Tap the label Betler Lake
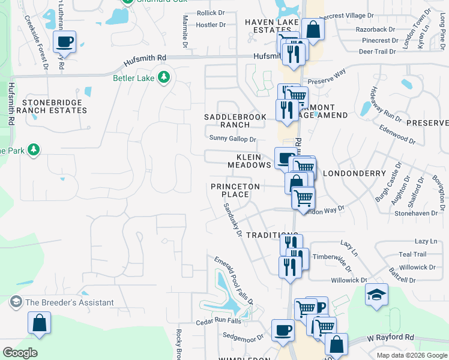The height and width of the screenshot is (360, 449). point(134,77)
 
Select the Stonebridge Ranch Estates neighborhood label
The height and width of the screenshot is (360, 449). point(52,106)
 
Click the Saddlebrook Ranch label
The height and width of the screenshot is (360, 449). point(235,121)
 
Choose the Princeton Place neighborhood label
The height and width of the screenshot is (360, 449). point(235,190)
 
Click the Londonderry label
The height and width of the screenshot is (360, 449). point(354,173)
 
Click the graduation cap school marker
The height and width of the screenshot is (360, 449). point(376,295)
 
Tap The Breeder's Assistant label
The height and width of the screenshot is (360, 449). point(69,302)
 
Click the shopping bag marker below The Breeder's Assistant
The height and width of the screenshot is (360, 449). point(39,323)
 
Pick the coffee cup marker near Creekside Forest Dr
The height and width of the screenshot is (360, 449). point(64,42)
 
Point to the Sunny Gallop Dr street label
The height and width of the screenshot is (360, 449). point(233,139)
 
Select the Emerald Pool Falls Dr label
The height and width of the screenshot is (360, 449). point(235,280)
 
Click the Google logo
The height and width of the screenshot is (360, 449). point(20,353)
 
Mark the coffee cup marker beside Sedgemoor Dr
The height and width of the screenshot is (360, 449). point(283,329)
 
